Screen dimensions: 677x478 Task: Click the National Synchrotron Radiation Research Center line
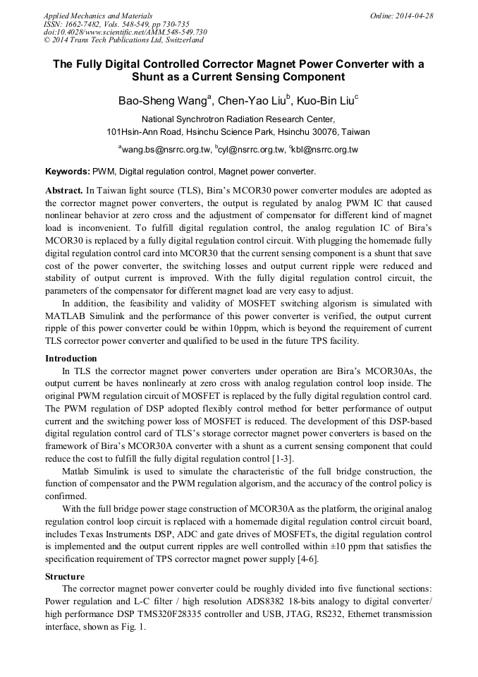tap(238, 119)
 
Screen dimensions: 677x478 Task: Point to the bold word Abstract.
tap(64, 191)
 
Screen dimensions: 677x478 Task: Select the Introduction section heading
tap(71, 359)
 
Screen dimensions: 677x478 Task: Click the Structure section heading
tap(65, 577)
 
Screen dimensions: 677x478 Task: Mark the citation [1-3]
tap(282, 459)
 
